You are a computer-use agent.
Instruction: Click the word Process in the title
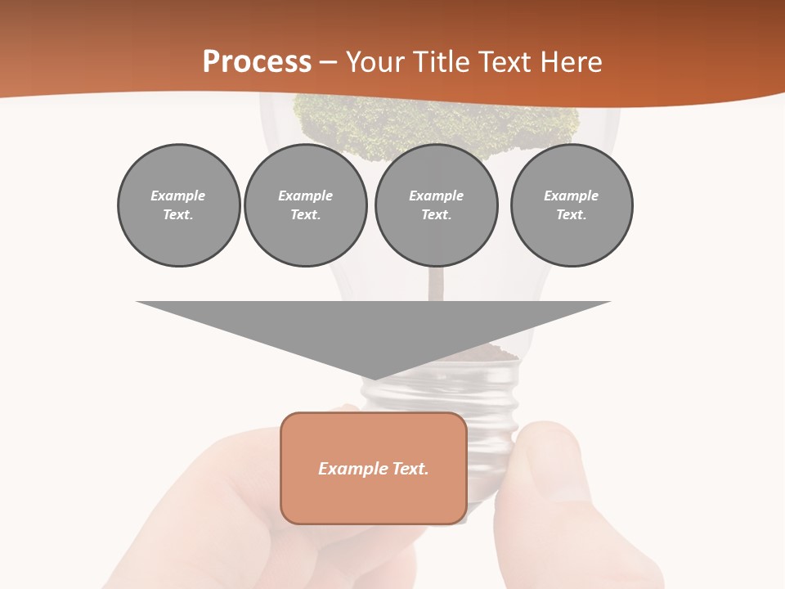[x=257, y=62]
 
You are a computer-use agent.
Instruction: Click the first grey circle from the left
[x=178, y=205]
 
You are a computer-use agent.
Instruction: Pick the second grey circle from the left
[x=305, y=205]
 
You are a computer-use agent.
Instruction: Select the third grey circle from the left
[x=436, y=205]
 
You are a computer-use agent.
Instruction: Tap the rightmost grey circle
[x=571, y=205]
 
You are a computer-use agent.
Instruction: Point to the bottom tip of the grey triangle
[x=374, y=378]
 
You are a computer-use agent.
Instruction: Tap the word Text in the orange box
[x=410, y=469]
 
